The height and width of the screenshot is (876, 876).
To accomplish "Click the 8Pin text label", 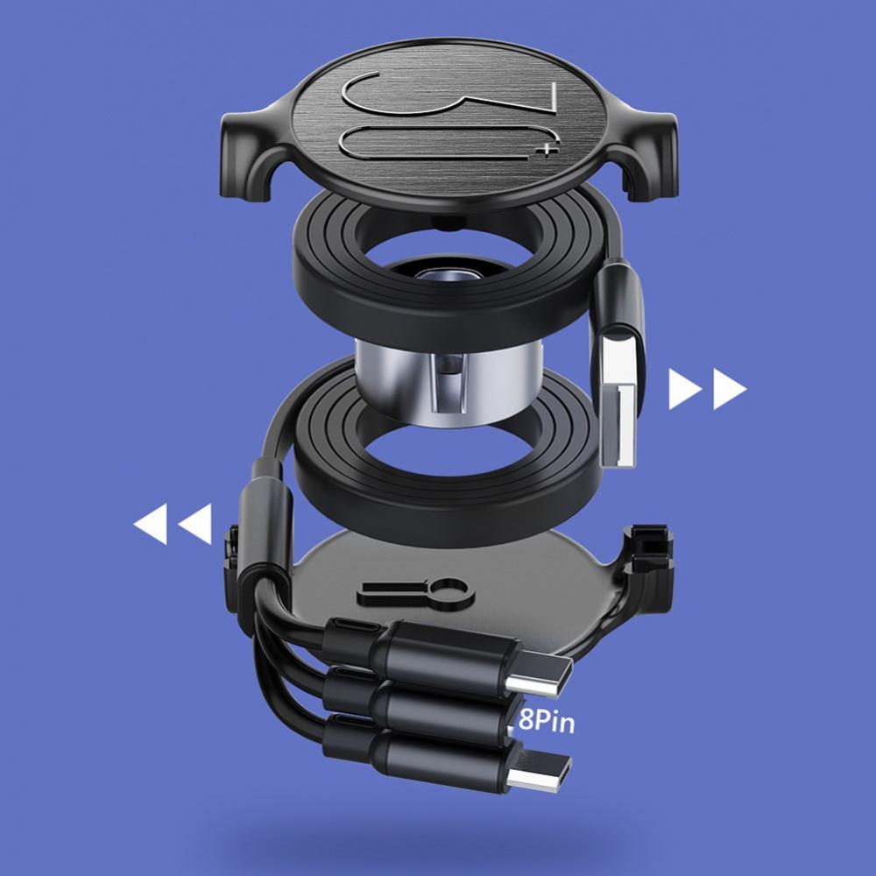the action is (x=546, y=720).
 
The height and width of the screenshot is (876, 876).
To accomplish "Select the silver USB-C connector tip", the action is (x=540, y=675).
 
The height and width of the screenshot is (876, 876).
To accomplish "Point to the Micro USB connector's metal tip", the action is (x=539, y=772).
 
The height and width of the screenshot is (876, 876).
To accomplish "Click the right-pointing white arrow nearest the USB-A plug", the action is (x=685, y=389).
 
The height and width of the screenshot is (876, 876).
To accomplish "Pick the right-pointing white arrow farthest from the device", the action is (x=729, y=389).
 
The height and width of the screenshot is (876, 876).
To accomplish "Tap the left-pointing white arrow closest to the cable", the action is (x=195, y=524).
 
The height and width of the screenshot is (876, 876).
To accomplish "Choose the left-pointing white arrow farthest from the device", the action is (x=151, y=524).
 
